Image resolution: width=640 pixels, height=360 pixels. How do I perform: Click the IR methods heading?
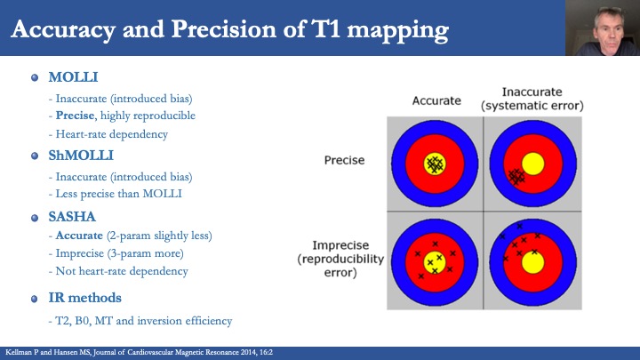(85, 298)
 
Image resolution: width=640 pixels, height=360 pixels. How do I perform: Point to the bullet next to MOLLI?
(35, 77)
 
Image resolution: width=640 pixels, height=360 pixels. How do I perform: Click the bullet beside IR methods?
(35, 298)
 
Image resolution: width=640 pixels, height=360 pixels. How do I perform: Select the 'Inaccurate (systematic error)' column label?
(531, 100)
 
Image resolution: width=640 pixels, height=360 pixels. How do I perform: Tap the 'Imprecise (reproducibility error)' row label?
(335, 258)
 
